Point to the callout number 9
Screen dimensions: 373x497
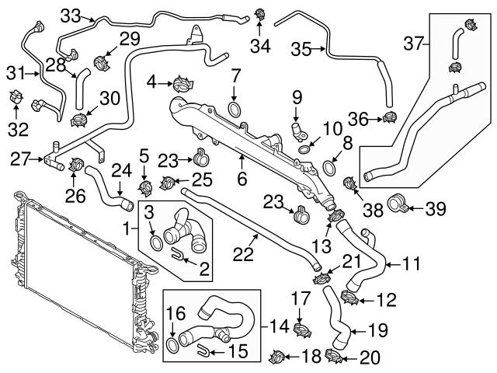pyautogui.click(x=296, y=97)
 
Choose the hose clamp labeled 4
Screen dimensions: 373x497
pyautogui.click(x=183, y=80)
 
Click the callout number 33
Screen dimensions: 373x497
pyautogui.click(x=71, y=15)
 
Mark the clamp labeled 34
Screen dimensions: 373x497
pyautogui.click(x=261, y=13)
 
